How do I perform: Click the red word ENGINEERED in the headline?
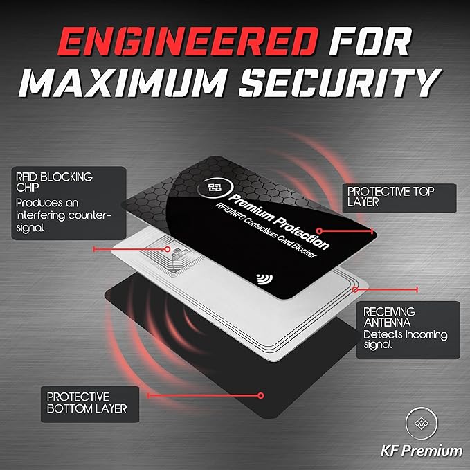click(188, 42)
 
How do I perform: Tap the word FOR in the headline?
click(370, 42)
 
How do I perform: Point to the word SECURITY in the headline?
click(341, 83)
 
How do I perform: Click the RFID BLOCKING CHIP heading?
click(54, 182)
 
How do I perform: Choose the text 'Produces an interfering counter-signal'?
click(64, 215)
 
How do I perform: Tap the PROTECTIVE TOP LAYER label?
click(390, 197)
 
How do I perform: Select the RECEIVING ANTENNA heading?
click(390, 317)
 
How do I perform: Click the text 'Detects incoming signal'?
click(405, 340)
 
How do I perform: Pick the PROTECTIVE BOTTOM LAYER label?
click(87, 403)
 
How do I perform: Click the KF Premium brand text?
click(422, 451)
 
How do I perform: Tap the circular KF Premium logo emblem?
click(422, 423)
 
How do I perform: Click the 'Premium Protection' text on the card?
click(279, 222)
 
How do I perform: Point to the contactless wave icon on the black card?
click(264, 279)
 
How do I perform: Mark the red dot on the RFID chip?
click(168, 249)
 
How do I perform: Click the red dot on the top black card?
click(320, 231)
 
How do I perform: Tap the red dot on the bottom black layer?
click(261, 395)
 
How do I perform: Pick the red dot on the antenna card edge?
click(355, 289)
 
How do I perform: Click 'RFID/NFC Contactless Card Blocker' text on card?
click(266, 231)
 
